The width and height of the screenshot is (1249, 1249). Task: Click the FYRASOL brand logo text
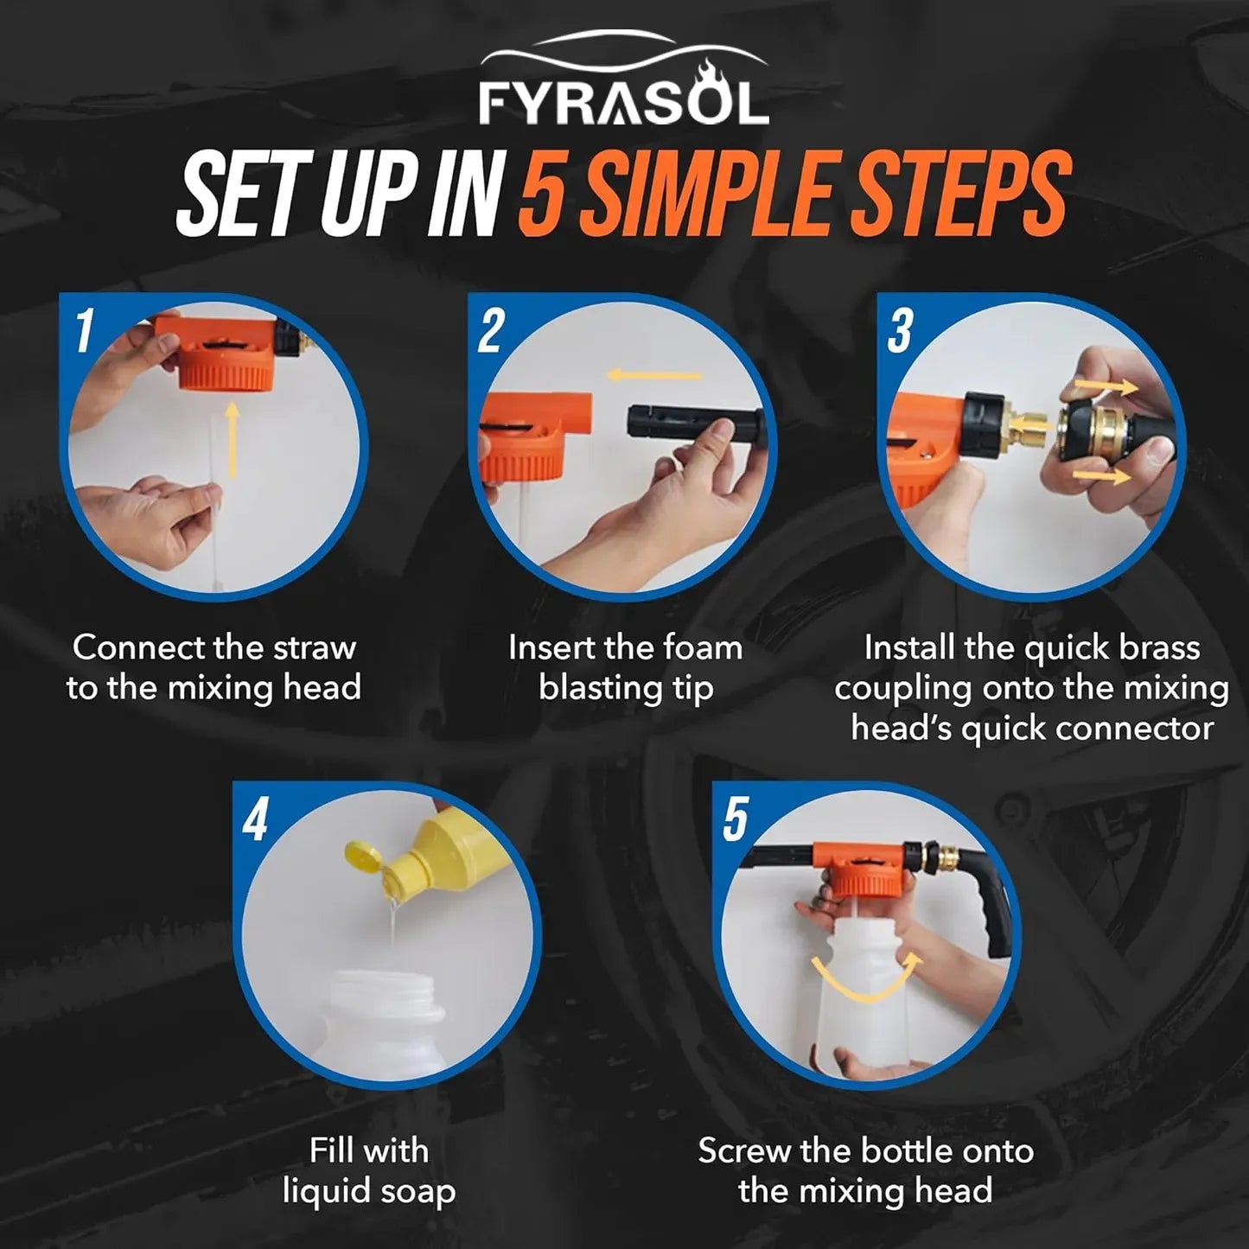[x=624, y=103]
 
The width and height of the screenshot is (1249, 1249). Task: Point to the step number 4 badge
[x=255, y=819]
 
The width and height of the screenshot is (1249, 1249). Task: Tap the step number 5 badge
[x=736, y=819]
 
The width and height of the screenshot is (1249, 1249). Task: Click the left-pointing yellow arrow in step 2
[x=654, y=375]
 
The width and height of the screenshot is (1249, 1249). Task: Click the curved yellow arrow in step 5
[x=866, y=983]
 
